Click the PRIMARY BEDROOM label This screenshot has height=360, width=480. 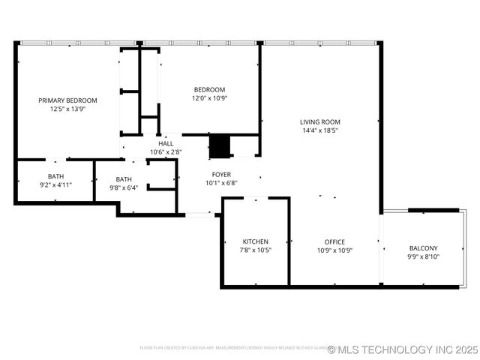pos(68,100)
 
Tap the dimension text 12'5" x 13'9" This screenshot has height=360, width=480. pos(68,109)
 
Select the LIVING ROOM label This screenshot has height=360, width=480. pos(320,121)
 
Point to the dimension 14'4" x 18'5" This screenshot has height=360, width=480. pos(320,130)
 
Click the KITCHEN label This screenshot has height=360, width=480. pos(255,241)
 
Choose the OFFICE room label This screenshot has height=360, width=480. pos(334,241)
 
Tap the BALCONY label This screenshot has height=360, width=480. pos(423,248)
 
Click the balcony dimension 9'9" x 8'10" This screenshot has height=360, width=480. pos(423,256)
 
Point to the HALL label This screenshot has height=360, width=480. pos(166,143)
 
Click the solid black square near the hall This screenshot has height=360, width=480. pos(219,146)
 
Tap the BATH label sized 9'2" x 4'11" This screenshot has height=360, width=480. pos(55,176)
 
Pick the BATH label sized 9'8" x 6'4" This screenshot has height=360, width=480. pos(124,179)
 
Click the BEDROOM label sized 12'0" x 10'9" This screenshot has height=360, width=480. pos(209,88)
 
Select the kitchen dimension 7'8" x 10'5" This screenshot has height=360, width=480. pos(255,250)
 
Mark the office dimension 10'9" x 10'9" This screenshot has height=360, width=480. pos(334,250)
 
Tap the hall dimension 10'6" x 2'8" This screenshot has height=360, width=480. pos(166,151)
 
